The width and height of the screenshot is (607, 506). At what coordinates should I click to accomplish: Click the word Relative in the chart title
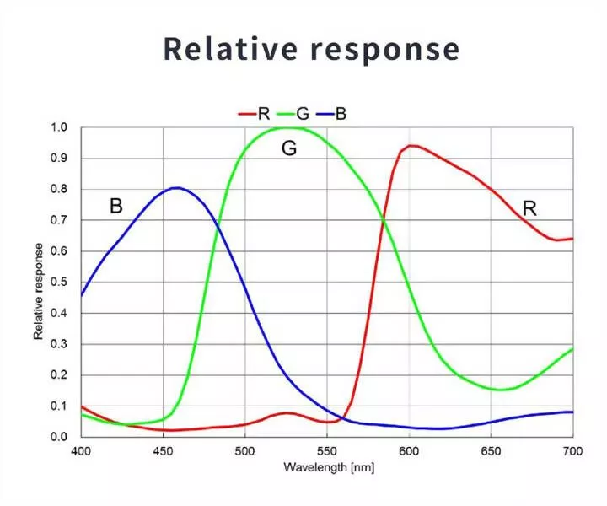pyautogui.click(x=231, y=48)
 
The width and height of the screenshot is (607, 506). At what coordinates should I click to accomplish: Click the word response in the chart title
pyautogui.click(x=385, y=51)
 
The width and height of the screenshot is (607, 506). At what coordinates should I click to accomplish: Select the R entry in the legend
pyautogui.click(x=254, y=114)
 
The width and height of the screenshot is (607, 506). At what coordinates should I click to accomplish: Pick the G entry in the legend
pyautogui.click(x=293, y=114)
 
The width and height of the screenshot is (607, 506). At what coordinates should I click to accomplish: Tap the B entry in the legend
pyautogui.click(x=331, y=114)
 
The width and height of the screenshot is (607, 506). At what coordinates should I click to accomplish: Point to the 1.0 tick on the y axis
pyautogui.click(x=59, y=127)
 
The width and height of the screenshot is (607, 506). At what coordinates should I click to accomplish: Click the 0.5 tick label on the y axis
pyautogui.click(x=59, y=282)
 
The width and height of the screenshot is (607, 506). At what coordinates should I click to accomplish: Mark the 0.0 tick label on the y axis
pyautogui.click(x=59, y=437)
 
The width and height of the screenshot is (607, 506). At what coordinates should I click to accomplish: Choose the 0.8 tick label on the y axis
pyautogui.click(x=59, y=189)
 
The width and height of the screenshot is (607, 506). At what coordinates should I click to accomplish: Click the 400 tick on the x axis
pyautogui.click(x=81, y=451)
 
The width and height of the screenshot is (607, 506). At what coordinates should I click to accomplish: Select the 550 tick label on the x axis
pyautogui.click(x=327, y=451)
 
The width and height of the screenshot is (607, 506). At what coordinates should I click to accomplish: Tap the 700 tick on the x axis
pyautogui.click(x=573, y=451)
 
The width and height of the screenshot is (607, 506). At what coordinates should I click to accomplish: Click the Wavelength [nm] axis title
pyautogui.click(x=329, y=467)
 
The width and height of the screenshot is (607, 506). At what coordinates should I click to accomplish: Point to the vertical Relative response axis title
pyautogui.click(x=38, y=291)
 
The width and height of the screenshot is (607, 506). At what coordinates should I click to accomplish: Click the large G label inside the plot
pyautogui.click(x=289, y=148)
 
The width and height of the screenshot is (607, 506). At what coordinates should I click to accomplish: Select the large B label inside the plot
pyautogui.click(x=116, y=206)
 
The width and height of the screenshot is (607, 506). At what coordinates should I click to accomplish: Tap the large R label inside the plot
pyautogui.click(x=529, y=208)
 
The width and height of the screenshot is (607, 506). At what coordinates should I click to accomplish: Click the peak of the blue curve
pyautogui.click(x=176, y=188)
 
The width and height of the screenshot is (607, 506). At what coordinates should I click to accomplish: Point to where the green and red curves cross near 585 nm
pyautogui.click(x=384, y=221)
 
